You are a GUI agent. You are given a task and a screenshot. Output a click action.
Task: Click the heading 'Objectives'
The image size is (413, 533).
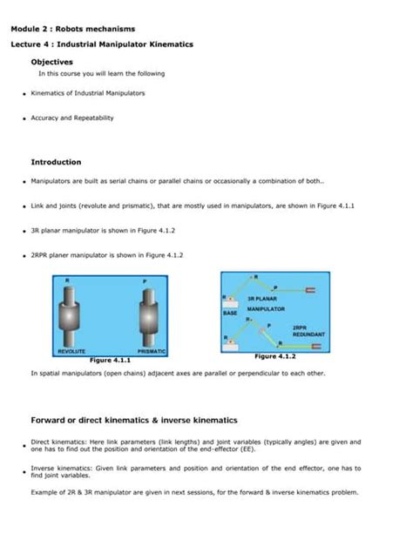coord(51,62)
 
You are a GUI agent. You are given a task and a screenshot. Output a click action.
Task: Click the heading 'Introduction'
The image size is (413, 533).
coord(56,162)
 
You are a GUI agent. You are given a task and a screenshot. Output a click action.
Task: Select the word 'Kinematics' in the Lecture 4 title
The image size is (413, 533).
coord(171,44)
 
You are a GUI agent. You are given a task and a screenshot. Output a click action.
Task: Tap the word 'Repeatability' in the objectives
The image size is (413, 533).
coord(94,118)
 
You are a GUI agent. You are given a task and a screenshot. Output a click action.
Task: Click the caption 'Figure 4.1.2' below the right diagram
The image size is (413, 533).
coord(275,356)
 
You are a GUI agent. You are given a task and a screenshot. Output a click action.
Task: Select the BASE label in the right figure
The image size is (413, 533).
coord(230,312)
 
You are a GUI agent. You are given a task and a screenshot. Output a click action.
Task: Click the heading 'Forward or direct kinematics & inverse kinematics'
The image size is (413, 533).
coord(134,419)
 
